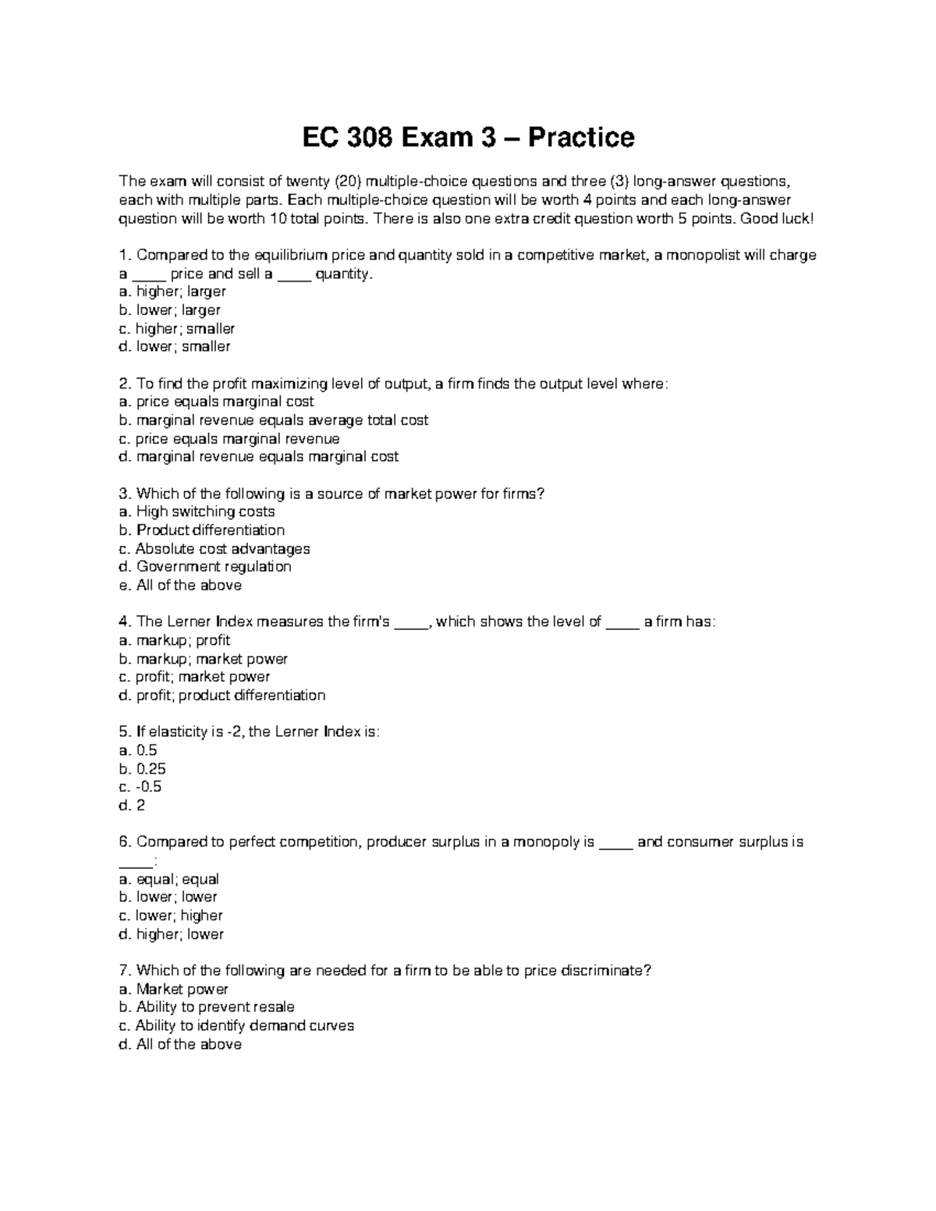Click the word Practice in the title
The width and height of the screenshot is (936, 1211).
tap(581, 138)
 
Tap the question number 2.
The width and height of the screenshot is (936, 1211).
tap(122, 384)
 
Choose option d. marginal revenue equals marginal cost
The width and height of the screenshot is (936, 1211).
tap(258, 457)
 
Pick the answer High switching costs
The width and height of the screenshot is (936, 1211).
tap(205, 512)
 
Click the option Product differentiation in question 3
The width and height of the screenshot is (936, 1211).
tap(210, 530)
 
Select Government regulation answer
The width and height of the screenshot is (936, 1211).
tap(213, 567)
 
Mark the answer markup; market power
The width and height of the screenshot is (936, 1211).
tap(211, 659)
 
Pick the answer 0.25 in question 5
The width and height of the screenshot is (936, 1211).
tap(151, 769)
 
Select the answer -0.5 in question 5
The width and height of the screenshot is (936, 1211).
tap(148, 787)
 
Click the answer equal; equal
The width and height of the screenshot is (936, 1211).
tap(177, 879)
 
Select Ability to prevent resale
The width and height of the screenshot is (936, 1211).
tap(215, 1007)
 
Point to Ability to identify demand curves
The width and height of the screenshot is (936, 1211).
tap(244, 1025)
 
